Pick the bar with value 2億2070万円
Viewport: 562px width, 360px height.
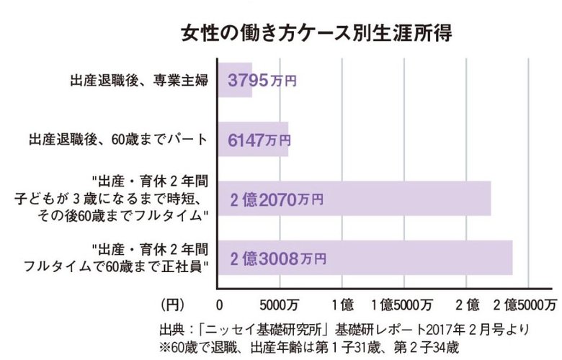pos(354,198)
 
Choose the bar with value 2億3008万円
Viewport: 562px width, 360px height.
pos(365,257)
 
